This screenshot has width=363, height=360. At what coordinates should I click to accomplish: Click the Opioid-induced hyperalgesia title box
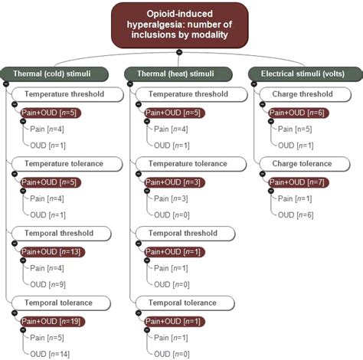pos(180,24)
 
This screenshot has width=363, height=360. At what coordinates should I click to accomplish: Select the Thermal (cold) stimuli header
pos(57,74)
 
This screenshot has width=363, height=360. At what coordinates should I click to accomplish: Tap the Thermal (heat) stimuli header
pos(181,74)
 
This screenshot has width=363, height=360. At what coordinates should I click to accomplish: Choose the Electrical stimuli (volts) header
pos(306,74)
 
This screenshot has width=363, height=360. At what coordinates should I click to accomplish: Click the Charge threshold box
pos(302,95)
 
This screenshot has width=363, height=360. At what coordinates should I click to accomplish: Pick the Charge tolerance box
pos(302,164)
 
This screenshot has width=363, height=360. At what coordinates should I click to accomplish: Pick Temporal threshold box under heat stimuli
pos(188,234)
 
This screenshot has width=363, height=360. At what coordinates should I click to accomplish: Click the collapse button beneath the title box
pos(179,52)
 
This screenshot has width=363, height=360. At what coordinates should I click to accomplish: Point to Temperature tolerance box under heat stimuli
pos(188,164)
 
